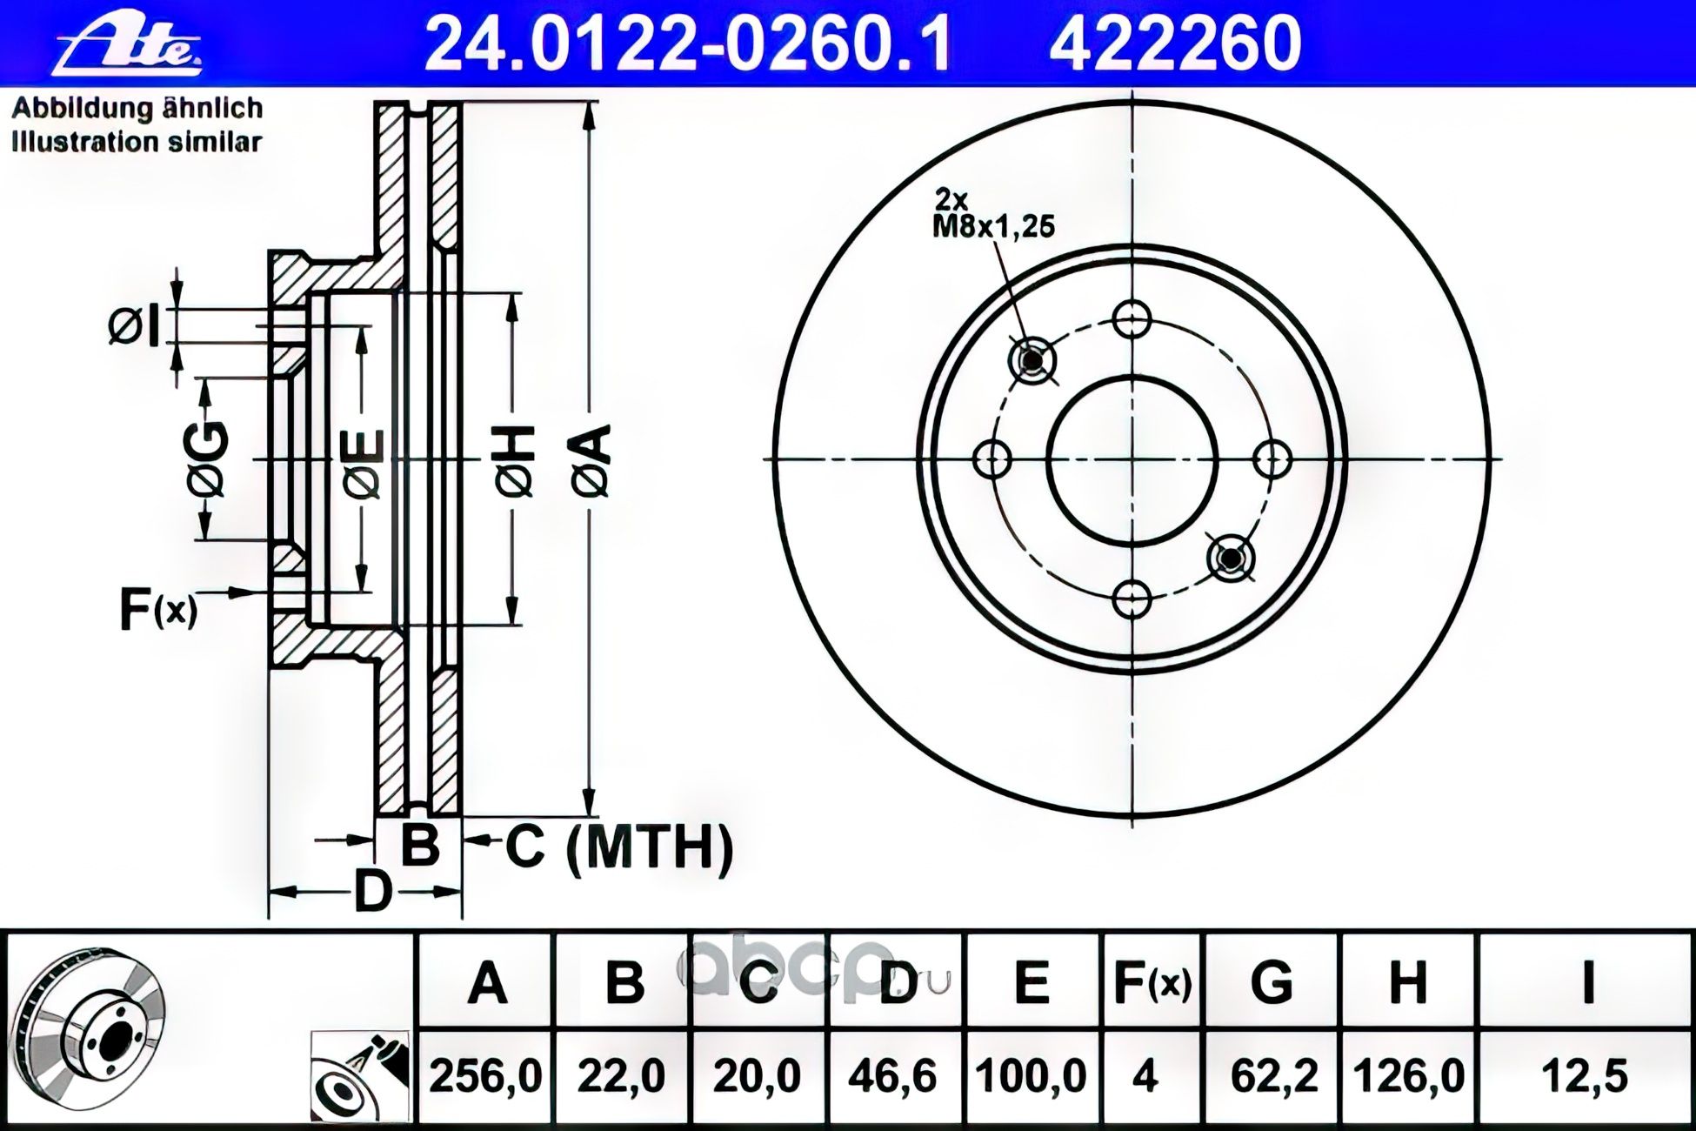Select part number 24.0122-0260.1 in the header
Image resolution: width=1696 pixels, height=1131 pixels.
686,43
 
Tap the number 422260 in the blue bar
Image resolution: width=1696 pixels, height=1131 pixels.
1174,43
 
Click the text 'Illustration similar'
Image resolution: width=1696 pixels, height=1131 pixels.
137,142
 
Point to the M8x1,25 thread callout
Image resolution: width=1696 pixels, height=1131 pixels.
993,226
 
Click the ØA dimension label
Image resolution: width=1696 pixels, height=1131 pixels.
591,461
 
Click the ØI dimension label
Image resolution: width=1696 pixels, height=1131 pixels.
136,326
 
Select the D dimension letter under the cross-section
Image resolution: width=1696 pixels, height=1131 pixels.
373,892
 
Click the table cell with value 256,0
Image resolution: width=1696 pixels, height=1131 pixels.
485,1077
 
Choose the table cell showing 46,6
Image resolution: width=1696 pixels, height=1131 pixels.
895,1077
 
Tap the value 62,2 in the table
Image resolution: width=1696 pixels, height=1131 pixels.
1271,1077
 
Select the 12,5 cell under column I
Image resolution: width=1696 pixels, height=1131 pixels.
1585,1077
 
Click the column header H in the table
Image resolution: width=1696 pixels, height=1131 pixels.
1407,983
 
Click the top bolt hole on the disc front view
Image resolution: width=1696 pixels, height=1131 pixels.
1132,319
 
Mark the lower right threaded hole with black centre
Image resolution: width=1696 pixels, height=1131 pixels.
1231,557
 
